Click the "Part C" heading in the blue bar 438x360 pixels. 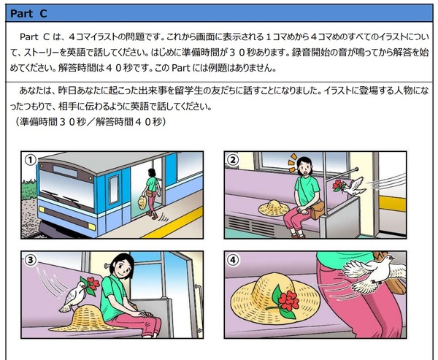point(28,13)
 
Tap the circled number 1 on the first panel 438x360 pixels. point(31,161)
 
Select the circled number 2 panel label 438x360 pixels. point(234,160)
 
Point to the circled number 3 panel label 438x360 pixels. point(31,260)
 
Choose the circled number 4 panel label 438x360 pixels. point(234,260)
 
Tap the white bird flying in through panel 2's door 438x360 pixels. point(354,186)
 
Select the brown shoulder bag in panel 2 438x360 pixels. point(317,210)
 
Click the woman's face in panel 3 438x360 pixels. point(123,268)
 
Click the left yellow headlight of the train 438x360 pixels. point(42,210)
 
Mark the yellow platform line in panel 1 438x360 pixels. point(172,223)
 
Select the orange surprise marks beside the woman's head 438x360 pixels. point(292,163)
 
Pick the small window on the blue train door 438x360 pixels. point(113,190)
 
